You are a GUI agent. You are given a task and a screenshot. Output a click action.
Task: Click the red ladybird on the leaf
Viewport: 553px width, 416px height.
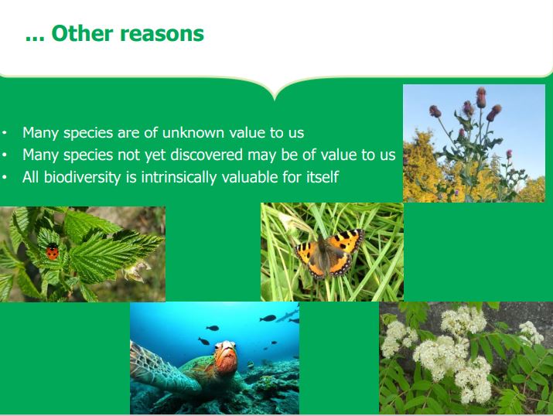[52, 252]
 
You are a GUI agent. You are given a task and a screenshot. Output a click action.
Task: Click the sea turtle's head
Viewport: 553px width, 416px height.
[225, 356]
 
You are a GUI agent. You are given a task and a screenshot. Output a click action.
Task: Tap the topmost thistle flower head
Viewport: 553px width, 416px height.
[481, 97]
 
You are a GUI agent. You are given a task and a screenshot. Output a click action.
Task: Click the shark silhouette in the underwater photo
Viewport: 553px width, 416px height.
[287, 315]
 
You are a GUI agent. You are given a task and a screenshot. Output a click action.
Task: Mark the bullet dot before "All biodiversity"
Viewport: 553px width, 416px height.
[4, 177]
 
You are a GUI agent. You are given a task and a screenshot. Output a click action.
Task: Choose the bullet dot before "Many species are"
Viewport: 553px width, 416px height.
[4, 133]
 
